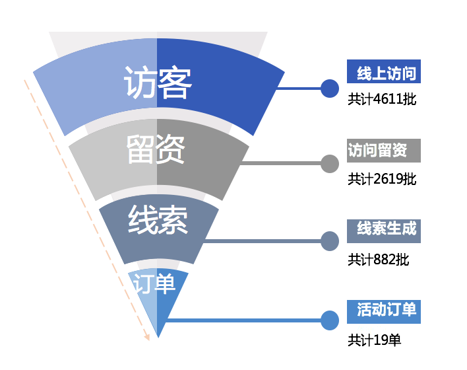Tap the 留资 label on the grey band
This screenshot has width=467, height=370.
(x=156, y=151)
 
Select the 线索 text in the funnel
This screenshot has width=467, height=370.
(x=158, y=220)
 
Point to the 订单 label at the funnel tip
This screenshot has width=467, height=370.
(x=154, y=283)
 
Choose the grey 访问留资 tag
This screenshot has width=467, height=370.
(x=384, y=151)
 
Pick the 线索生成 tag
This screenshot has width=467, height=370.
(x=384, y=230)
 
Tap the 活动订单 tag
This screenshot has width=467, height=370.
(x=384, y=310)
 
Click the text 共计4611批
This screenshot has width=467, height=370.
(x=383, y=100)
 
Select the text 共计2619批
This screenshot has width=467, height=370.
(x=383, y=179)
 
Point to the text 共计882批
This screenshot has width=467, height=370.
(x=379, y=260)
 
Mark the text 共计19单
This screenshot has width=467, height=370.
(x=375, y=340)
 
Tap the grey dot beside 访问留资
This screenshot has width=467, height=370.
(x=329, y=163)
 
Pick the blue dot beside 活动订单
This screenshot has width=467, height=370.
(x=329, y=320)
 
